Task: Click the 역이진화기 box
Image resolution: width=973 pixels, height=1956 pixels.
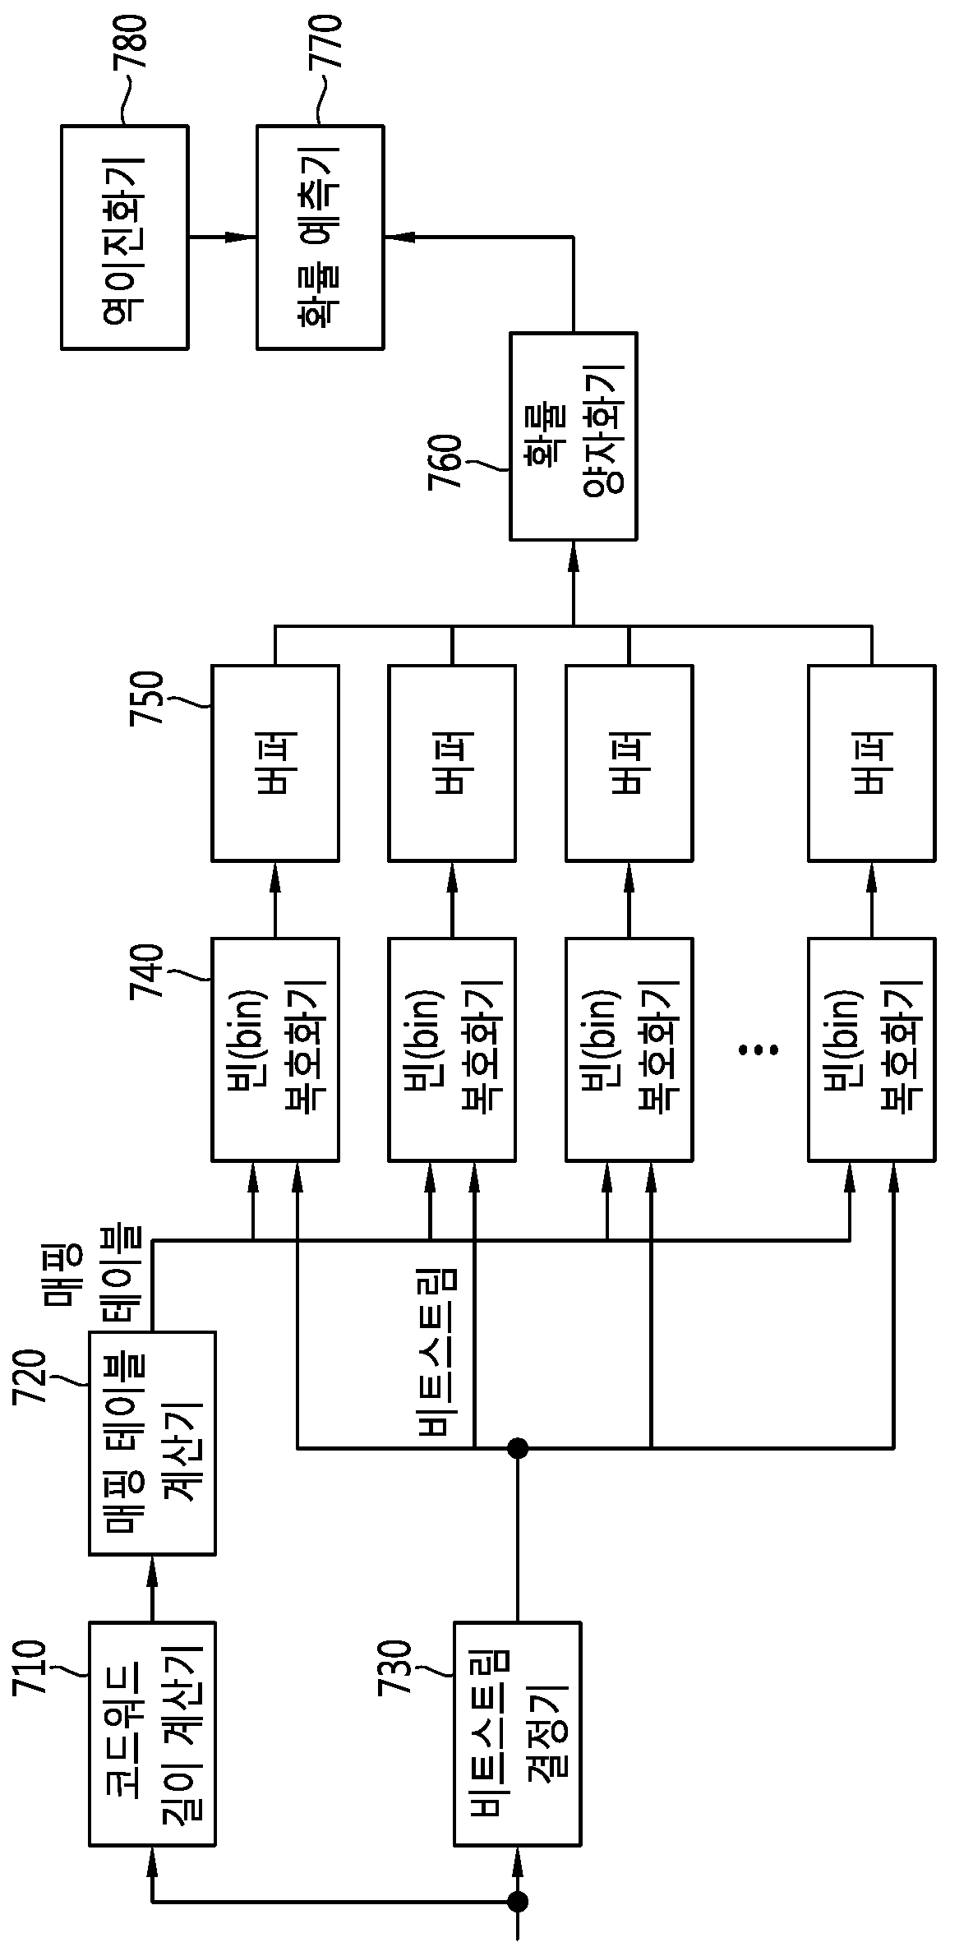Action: [x=125, y=237]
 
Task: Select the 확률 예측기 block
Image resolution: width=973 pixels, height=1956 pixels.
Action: [x=320, y=237]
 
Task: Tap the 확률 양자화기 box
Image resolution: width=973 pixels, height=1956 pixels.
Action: [x=574, y=436]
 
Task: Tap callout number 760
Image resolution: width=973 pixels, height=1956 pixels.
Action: [x=445, y=461]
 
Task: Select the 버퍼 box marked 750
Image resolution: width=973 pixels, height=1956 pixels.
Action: [x=275, y=763]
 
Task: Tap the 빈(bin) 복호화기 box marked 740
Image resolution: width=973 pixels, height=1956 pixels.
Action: [x=275, y=1050]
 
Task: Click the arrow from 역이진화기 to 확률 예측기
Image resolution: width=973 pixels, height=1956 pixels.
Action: [x=223, y=237]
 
